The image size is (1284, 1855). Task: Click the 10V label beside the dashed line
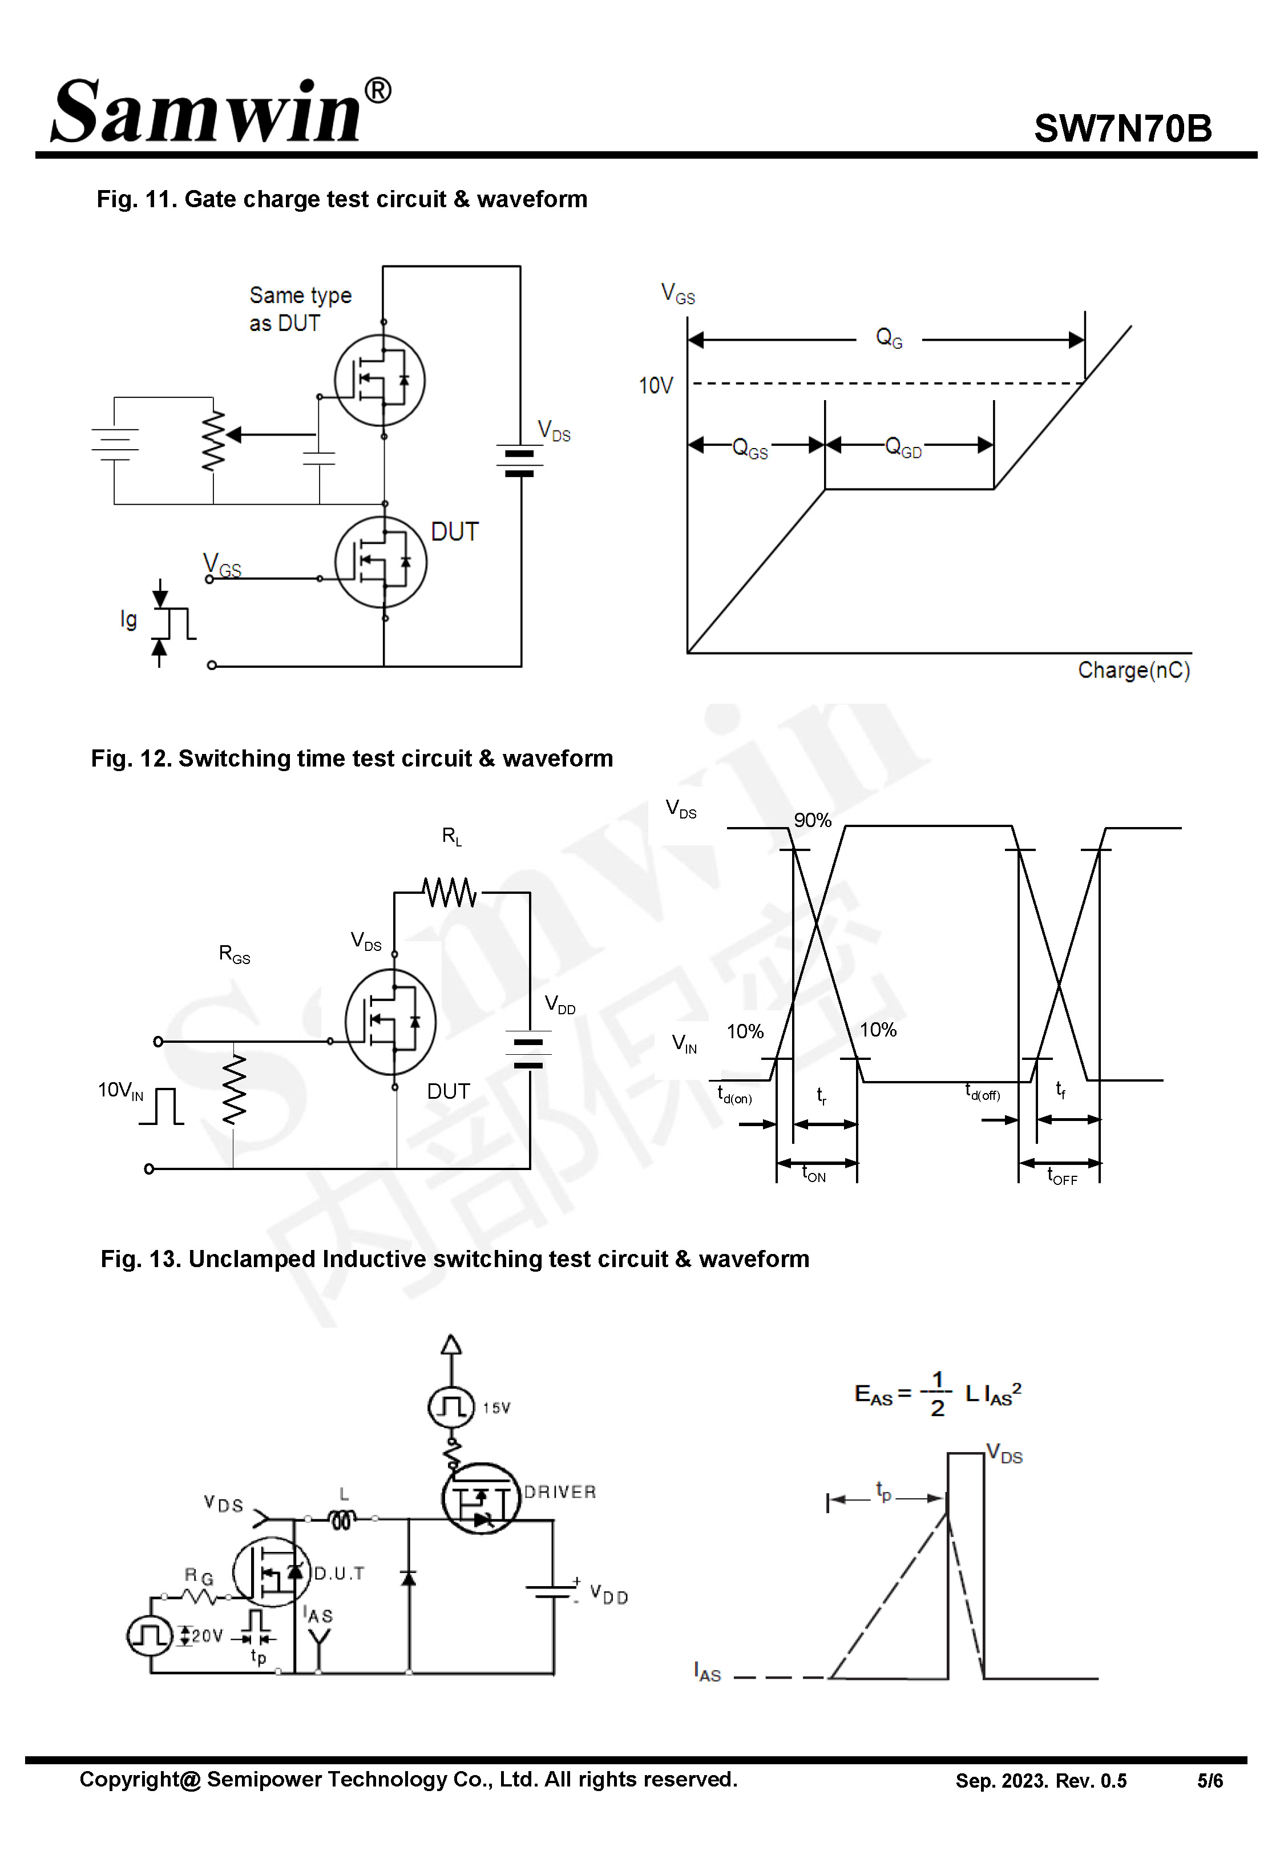[655, 386]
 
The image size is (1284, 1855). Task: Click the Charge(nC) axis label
[1133, 670]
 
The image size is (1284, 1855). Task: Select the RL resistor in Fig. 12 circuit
[450, 892]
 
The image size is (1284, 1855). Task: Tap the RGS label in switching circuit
[234, 954]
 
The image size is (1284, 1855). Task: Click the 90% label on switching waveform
[811, 821]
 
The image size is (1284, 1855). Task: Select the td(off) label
[982, 1092]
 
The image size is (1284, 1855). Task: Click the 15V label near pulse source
[496, 1408]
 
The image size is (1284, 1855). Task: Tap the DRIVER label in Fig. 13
[560, 1492]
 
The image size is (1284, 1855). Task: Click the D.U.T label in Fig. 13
[339, 1574]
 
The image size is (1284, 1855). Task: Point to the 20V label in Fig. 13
[207, 1635]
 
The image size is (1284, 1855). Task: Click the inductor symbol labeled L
[341, 1519]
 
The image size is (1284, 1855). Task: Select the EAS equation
[937, 1394]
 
